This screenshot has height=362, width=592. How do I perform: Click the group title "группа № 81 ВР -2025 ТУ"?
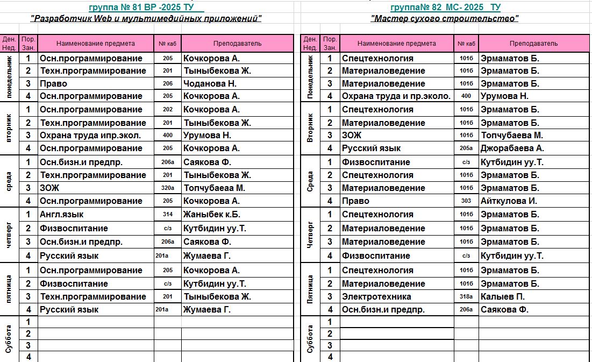coord(146,7)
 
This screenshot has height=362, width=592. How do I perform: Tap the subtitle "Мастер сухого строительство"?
coord(445,19)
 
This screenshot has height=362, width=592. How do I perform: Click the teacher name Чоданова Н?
coord(210,83)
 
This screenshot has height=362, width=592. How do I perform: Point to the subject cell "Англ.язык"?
coord(62,214)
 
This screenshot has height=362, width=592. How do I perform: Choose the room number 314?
coord(167,214)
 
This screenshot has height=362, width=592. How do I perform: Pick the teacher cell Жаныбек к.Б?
coord(212,214)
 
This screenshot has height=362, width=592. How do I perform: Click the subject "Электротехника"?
coord(376,296)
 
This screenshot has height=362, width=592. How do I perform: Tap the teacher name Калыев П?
coord(503,296)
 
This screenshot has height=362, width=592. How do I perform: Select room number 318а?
coord(466,296)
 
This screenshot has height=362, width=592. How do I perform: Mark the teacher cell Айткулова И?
coord(508,201)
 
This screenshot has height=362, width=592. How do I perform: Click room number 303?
coord(466,201)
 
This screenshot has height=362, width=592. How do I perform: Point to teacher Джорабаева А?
coord(512,148)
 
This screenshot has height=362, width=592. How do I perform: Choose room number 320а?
coord(167,188)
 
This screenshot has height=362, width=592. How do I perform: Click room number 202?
coord(167,109)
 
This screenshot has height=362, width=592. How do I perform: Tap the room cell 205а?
coord(466,148)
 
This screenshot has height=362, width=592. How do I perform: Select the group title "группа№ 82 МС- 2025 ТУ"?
coord(445,7)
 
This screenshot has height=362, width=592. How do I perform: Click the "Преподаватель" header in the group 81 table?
coord(237,44)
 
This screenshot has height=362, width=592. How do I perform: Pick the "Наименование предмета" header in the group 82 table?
coord(396,44)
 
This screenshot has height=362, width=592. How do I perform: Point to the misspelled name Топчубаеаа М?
coord(214,188)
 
